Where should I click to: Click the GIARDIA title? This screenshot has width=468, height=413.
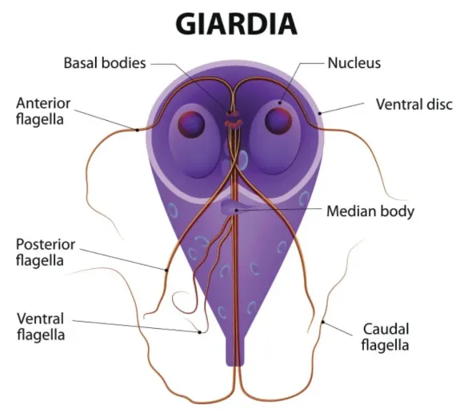(x=236, y=24)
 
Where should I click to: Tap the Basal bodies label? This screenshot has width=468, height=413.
(x=105, y=63)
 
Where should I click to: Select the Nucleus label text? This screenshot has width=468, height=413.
(x=354, y=63)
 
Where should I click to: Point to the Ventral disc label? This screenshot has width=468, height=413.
(x=414, y=104)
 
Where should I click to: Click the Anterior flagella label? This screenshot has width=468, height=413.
(x=43, y=111)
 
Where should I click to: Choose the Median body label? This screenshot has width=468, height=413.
(x=370, y=211)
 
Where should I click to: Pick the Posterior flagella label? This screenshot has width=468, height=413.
(x=46, y=252)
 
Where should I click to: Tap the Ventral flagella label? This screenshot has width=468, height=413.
(x=41, y=327)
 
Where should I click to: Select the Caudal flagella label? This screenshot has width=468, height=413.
(x=386, y=337)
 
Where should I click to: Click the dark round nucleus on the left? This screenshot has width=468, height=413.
(x=191, y=124)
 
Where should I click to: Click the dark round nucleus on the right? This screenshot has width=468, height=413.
(x=278, y=121)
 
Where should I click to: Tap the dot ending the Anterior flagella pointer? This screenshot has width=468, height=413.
(x=137, y=130)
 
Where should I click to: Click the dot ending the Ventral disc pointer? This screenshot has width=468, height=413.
(x=320, y=113)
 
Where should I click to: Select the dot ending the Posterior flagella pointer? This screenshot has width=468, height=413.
(x=166, y=271)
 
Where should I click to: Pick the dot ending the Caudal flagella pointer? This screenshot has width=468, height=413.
(x=323, y=322)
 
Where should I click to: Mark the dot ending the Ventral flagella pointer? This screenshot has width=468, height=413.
(x=200, y=332)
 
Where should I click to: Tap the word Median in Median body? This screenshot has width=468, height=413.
(x=348, y=211)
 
